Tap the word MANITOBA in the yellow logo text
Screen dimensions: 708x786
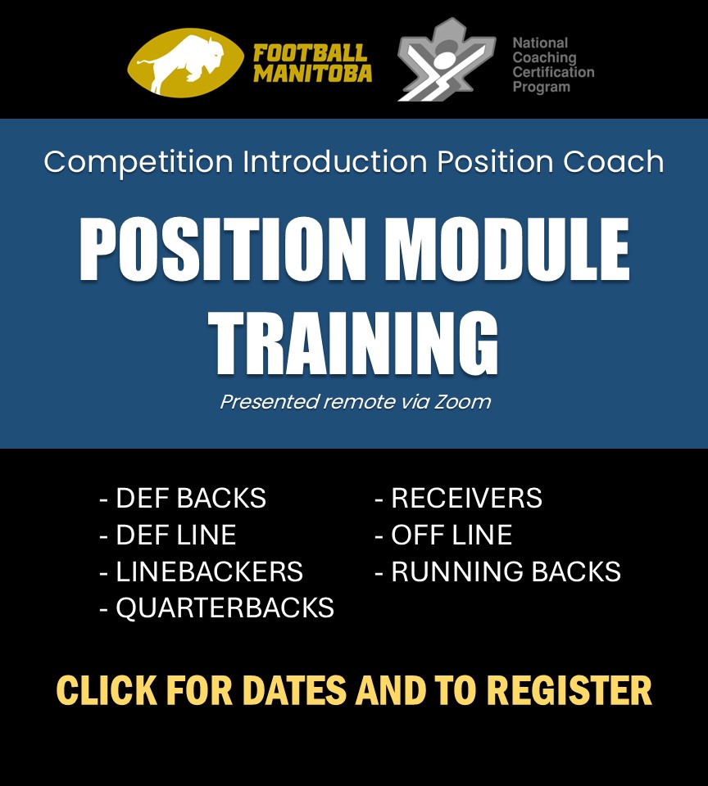coord(312,73)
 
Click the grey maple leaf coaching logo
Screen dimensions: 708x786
coord(446,59)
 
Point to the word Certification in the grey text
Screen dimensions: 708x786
coord(553,72)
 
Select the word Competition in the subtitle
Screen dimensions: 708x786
coord(138,162)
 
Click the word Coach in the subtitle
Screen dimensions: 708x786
coord(613,161)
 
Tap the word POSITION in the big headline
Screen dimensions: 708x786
coord(222,249)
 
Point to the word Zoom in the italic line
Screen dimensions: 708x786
coord(462,402)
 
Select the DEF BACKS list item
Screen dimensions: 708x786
coord(184,498)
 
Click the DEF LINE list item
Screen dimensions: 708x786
coord(168,535)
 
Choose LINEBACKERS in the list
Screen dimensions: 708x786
coord(202,571)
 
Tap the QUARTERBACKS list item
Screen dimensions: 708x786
coord(217,608)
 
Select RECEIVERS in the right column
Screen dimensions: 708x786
coord(459,498)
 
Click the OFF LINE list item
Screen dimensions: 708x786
coord(443,535)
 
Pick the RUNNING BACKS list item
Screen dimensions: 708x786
coord(497,571)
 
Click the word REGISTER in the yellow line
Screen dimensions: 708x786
coord(570,690)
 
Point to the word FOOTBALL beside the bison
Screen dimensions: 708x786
coord(310,52)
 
